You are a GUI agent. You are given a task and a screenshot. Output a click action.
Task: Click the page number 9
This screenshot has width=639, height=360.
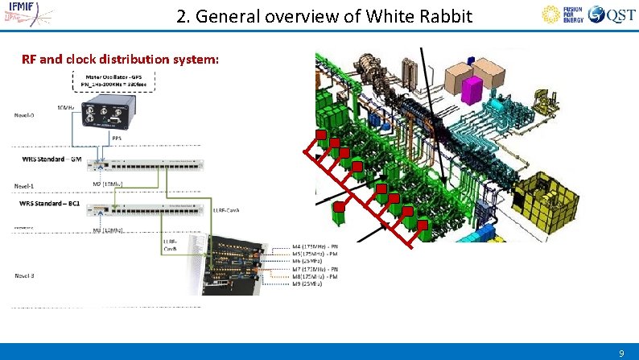tap(620, 353)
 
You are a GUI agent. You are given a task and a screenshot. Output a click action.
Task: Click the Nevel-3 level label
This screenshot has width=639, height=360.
tap(25, 275)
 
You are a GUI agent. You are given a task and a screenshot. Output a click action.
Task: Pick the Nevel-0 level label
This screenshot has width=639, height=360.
tap(25, 114)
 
